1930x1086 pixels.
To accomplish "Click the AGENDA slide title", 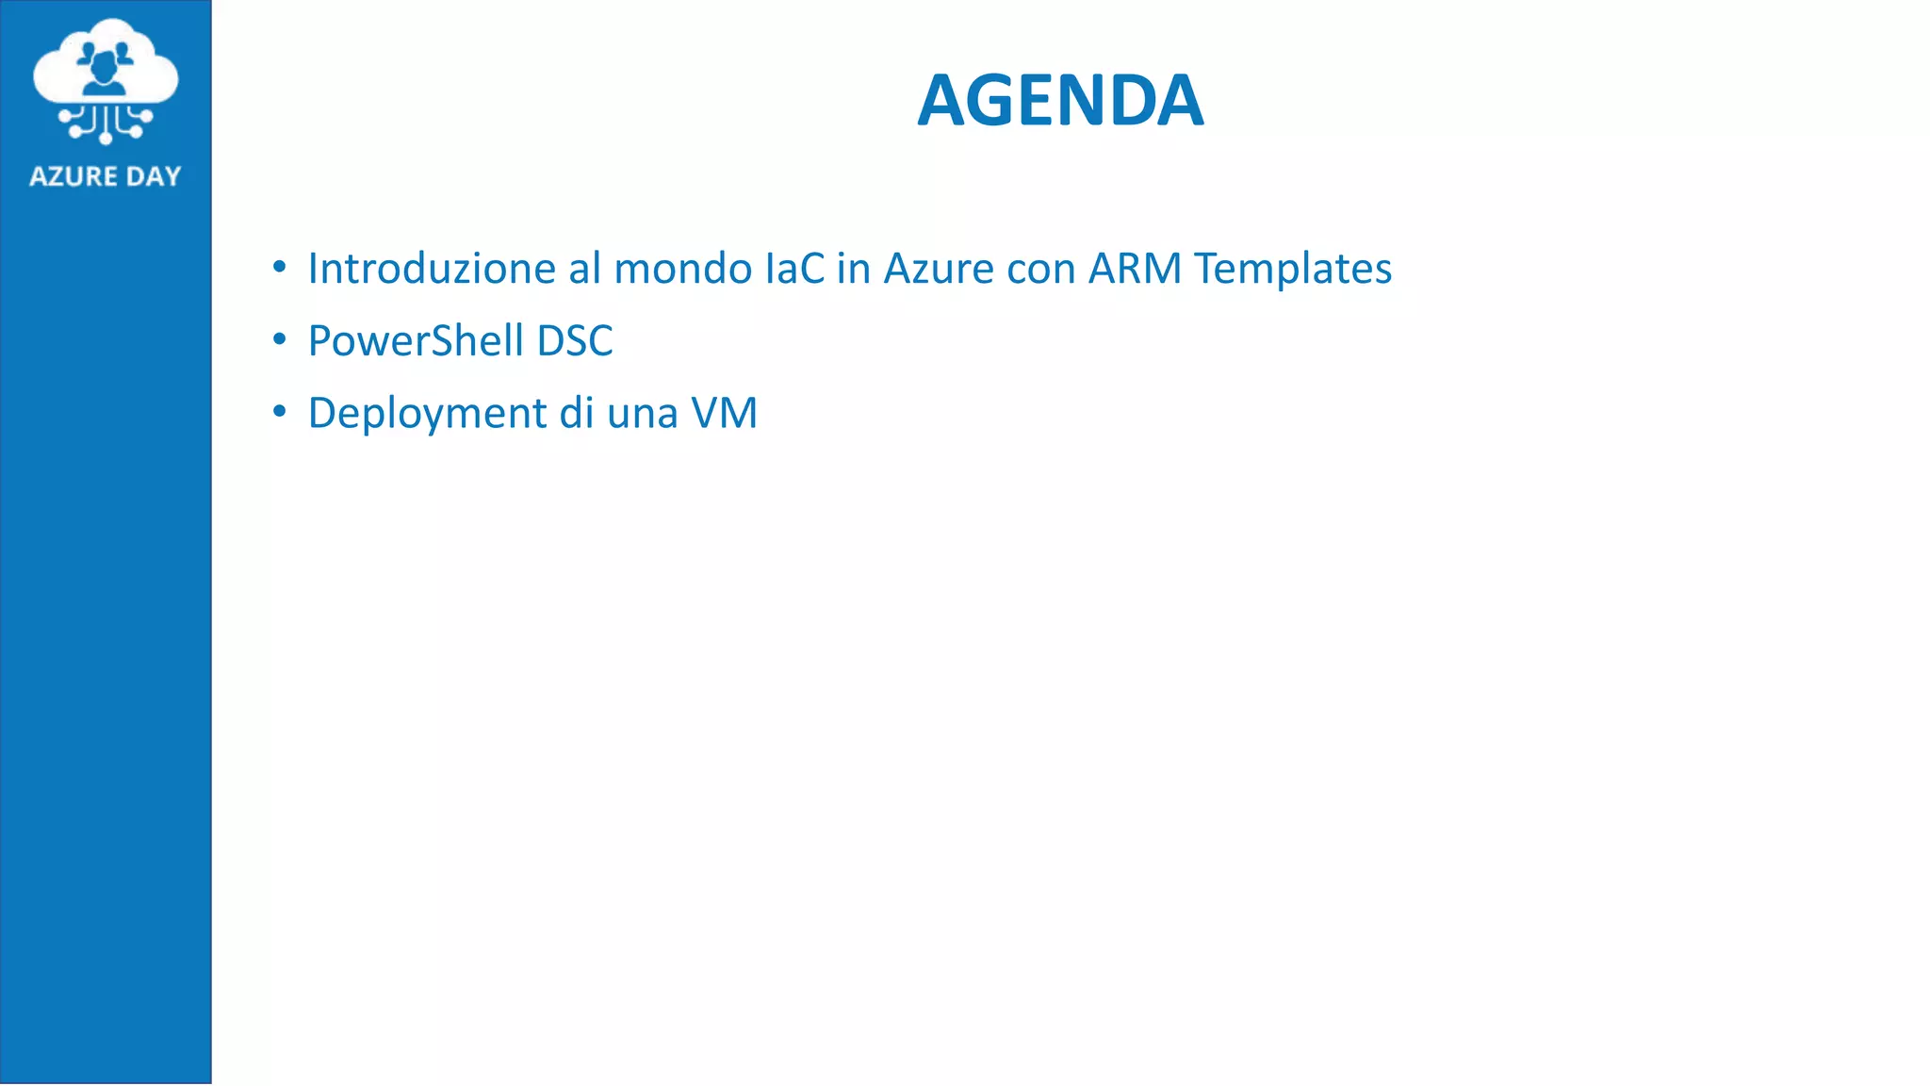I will pyautogui.click(x=1060, y=100).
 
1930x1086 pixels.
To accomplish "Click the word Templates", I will pyautogui.click(x=1292, y=269).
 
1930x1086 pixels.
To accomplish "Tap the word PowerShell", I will pyautogui.click(x=416, y=341).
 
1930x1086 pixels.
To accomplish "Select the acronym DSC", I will pyautogui.click(x=575, y=341).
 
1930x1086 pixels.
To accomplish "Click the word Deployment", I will pyautogui.click(x=428, y=414).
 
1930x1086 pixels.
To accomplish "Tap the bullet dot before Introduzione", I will pyautogui.click(x=279, y=268).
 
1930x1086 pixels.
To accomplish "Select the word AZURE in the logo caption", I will pyautogui.click(x=73, y=176).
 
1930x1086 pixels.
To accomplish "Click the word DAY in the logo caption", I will pyautogui.click(x=153, y=176).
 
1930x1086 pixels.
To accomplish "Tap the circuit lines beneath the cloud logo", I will pyautogui.click(x=106, y=123).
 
